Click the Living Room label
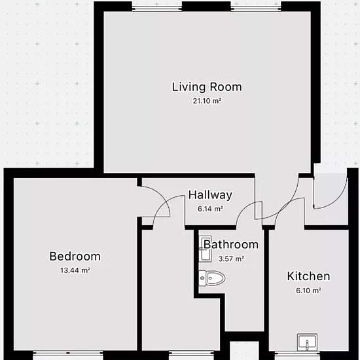point(207,87)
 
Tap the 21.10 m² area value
point(207,101)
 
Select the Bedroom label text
point(75,256)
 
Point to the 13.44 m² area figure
point(75,270)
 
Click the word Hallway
point(210,195)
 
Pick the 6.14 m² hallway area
point(210,209)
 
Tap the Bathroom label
point(231,245)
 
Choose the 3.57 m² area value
point(231,259)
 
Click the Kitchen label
point(308,276)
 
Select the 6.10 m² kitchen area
point(308,291)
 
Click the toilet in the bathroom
point(211,278)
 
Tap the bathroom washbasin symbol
point(205,249)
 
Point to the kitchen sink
point(307,342)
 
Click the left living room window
point(157,9)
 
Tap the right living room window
point(256,9)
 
